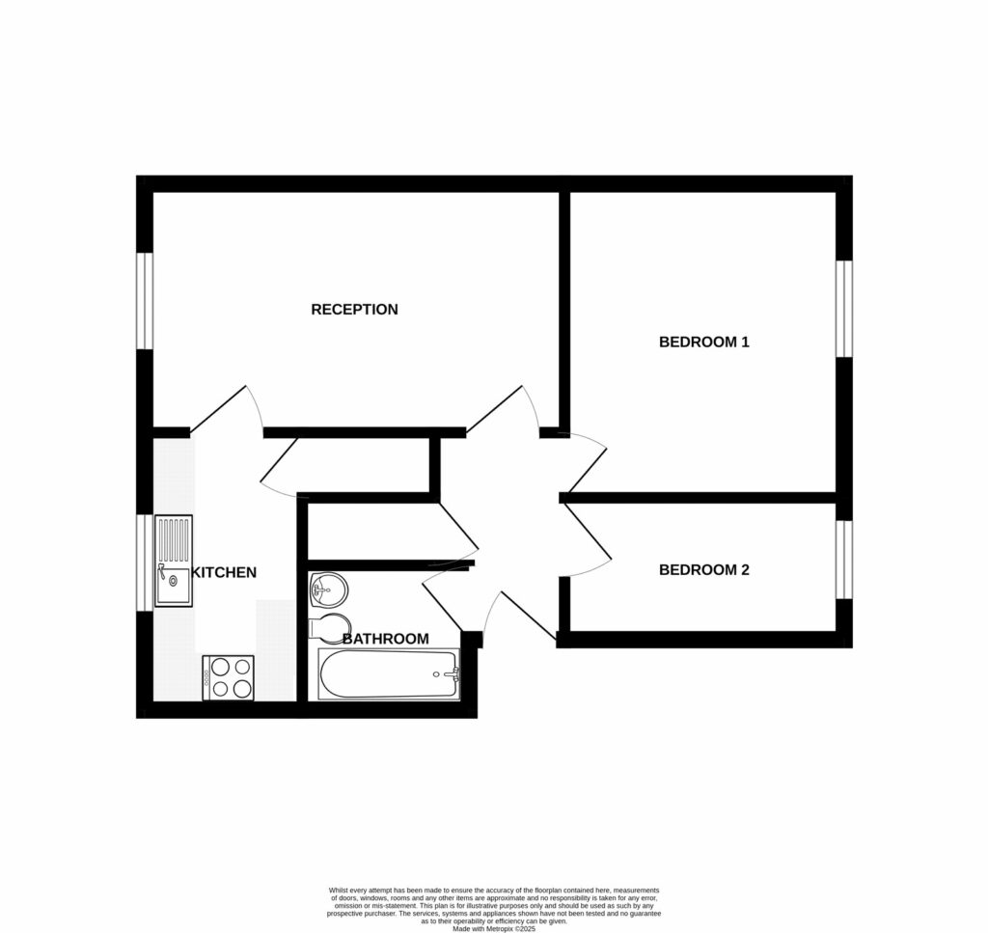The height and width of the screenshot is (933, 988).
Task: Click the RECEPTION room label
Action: (354, 310)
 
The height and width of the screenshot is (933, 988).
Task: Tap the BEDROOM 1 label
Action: (703, 342)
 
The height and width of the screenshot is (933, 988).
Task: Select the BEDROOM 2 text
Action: (703, 570)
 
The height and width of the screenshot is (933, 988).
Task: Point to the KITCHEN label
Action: (224, 572)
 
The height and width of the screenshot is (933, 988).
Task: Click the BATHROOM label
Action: (386, 639)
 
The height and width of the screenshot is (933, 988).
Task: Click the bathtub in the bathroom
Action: (388, 673)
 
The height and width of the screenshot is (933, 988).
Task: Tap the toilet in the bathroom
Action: (328, 627)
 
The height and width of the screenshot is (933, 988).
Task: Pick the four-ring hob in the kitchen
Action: (228, 677)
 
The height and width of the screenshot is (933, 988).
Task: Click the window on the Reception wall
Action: (145, 300)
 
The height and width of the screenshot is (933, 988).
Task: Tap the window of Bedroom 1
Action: (844, 309)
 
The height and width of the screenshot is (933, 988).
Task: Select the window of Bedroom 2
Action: (844, 560)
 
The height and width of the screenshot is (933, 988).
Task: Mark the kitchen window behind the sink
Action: (145, 562)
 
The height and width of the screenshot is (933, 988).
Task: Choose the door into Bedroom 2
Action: (586, 540)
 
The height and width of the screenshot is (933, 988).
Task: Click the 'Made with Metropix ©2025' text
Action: (494, 928)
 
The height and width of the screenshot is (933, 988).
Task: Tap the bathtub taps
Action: (450, 673)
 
